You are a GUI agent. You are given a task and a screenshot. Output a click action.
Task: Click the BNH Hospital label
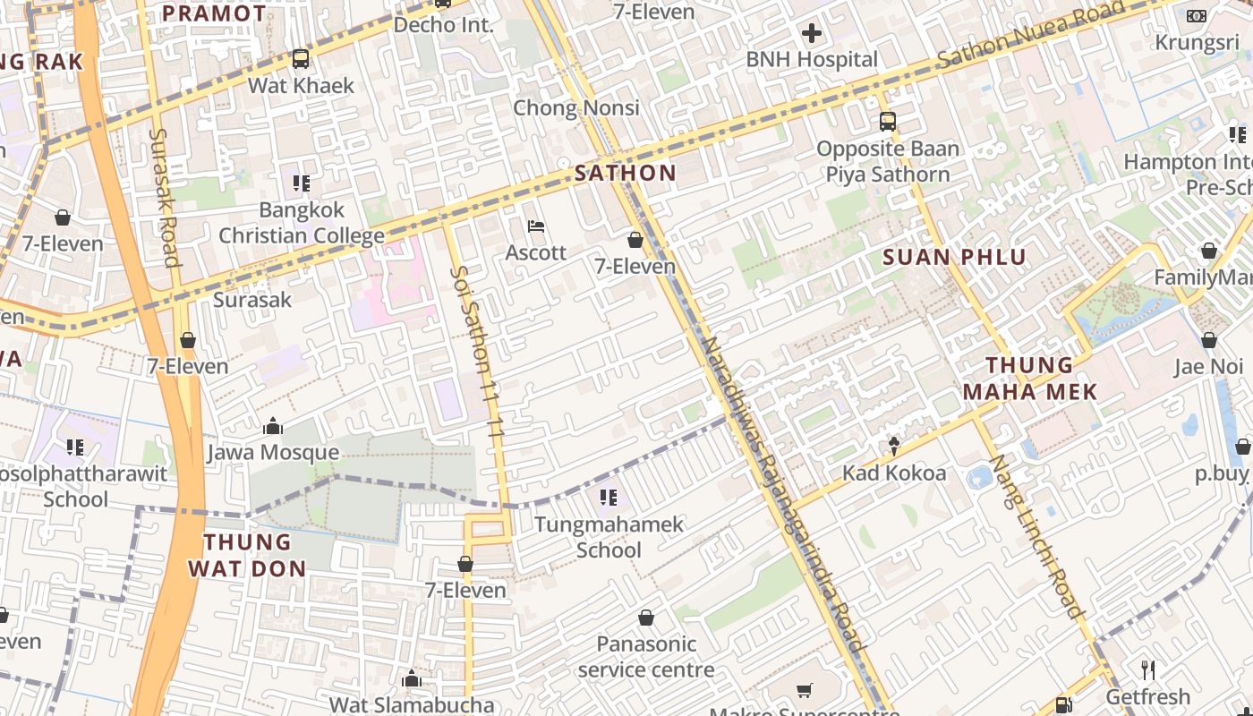point(812,60)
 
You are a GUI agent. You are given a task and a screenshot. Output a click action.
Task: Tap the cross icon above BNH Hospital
point(812,34)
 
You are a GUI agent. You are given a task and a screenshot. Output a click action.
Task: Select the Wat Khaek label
point(301,86)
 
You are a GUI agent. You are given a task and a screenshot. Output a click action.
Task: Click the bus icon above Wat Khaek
point(301,59)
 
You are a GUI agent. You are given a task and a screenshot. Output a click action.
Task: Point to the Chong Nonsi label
point(576,108)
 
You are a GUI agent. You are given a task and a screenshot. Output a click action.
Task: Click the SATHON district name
point(626,173)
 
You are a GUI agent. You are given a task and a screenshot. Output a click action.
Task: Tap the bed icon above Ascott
point(536,226)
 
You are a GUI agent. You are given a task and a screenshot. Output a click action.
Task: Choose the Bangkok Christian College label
point(302,223)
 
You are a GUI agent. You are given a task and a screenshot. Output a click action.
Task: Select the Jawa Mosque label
point(273,452)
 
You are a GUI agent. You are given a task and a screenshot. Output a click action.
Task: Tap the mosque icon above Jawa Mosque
point(273,426)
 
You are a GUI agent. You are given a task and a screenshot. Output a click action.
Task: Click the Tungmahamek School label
point(609,536)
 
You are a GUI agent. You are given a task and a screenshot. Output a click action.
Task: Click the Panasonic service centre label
point(646,656)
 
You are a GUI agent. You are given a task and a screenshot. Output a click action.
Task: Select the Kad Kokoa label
point(894,473)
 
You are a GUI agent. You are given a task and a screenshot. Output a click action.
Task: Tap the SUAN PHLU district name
point(954,258)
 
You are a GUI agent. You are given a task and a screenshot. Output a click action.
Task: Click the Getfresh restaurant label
point(1147,696)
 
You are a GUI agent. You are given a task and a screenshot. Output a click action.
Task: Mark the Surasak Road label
point(166,197)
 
